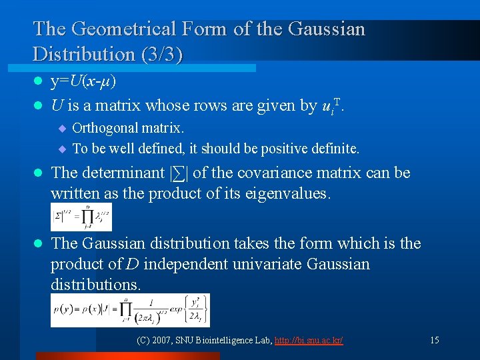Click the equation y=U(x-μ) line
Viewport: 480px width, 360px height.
pyautogui.click(x=84, y=81)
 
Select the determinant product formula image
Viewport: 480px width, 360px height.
pyautogui.click(x=81, y=217)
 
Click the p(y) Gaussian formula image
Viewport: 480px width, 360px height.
pyautogui.click(x=130, y=311)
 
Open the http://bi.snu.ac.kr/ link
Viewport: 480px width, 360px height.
pyautogui.click(x=310, y=341)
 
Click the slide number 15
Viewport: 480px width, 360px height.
pyautogui.click(x=434, y=341)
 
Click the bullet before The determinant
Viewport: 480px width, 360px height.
pyautogui.click(x=38, y=173)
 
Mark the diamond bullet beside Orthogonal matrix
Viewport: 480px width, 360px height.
pyautogui.click(x=62, y=128)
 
